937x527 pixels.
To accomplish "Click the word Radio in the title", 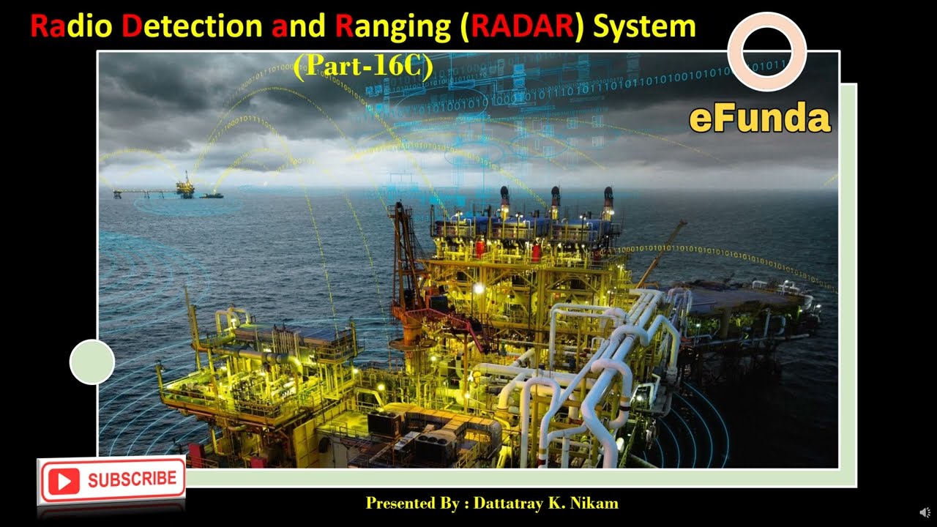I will [71, 27].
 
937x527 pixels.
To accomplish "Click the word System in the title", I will [644, 28].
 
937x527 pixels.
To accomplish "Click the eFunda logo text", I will [760, 119].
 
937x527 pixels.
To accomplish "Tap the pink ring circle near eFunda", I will [766, 51].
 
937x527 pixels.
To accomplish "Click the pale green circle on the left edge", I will [92, 362].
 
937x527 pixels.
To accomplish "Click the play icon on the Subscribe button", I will [64, 481].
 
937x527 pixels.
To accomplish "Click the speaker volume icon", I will [925, 512].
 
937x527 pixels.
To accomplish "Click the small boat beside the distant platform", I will [212, 195].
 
